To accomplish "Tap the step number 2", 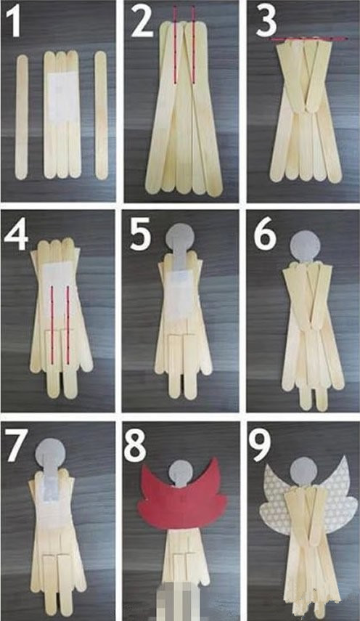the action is click(142, 22).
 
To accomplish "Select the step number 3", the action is click(266, 22).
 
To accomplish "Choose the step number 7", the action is click(17, 447).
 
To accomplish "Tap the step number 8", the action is click(135, 447).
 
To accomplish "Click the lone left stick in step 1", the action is click(22, 117).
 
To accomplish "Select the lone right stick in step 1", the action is click(101, 115).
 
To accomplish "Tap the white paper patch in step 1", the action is click(62, 97).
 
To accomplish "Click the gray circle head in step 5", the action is click(181, 238).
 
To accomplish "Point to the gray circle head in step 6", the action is click(305, 245).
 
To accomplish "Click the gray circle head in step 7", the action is click(50, 452).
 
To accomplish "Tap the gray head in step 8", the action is click(181, 473).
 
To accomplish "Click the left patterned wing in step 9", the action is click(275, 499).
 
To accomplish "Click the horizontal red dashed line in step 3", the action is click(308, 38).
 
